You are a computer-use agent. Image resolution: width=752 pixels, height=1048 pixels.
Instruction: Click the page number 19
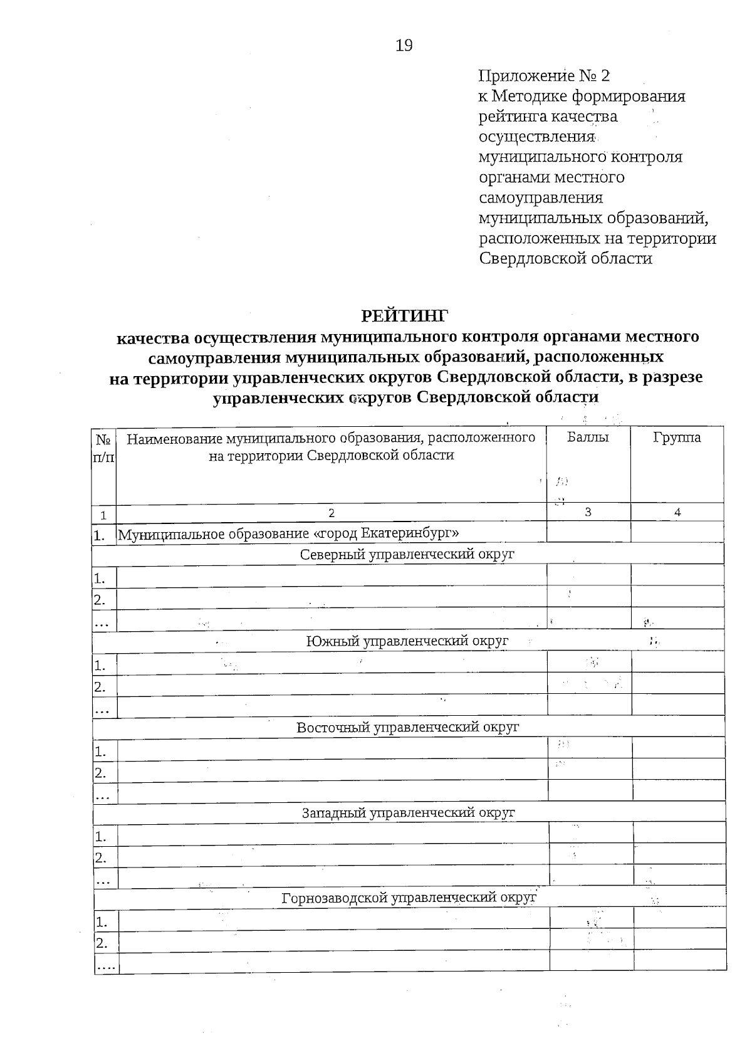click(x=404, y=45)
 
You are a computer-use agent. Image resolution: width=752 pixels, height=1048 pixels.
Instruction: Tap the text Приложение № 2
click(x=543, y=76)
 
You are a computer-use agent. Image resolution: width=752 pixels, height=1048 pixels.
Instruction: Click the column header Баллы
click(x=588, y=438)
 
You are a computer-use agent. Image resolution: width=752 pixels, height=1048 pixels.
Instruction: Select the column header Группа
click(x=677, y=438)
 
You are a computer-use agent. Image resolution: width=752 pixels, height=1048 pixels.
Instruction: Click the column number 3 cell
click(x=588, y=511)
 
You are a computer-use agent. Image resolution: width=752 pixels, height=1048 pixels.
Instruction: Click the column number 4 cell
click(x=677, y=512)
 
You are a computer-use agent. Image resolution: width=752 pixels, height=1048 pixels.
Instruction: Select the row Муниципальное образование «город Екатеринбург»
click(x=289, y=534)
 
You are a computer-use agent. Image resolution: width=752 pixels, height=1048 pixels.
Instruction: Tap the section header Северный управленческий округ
click(x=407, y=555)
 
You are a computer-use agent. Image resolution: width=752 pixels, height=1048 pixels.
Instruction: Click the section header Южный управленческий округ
click(x=407, y=641)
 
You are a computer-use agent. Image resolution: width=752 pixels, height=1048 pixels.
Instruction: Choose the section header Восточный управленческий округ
click(x=407, y=727)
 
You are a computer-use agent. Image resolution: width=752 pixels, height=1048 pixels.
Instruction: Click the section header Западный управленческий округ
click(x=407, y=813)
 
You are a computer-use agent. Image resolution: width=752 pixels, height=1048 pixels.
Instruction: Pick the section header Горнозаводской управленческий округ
click(x=409, y=898)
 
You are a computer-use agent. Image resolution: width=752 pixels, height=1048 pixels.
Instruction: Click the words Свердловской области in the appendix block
click(x=566, y=258)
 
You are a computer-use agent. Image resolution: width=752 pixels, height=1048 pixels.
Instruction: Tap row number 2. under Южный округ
click(x=100, y=687)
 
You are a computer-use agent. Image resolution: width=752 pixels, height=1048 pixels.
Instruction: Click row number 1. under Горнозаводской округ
click(x=101, y=922)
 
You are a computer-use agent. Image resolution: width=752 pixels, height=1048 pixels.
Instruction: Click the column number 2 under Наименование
click(x=332, y=513)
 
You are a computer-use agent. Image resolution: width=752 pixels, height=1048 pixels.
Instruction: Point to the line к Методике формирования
click(x=582, y=97)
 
